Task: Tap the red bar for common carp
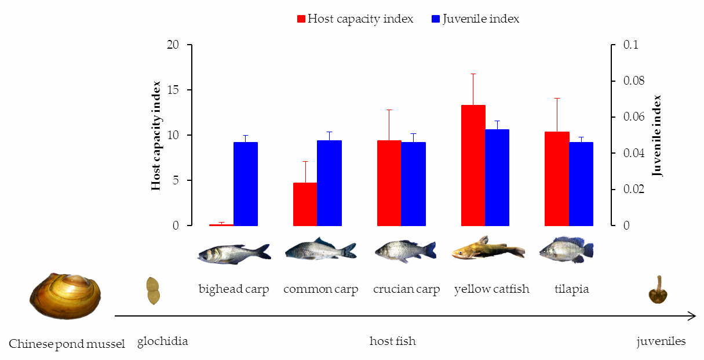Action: [x=305, y=204]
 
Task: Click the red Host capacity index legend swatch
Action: [x=301, y=19]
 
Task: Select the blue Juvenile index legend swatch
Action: [x=436, y=19]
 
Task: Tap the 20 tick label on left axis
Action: [x=173, y=45]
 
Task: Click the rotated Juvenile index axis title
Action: [x=656, y=136]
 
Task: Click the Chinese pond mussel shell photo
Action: [x=65, y=296]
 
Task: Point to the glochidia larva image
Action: [x=152, y=291]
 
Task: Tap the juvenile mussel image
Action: [x=658, y=290]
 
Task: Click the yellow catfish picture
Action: [x=488, y=249]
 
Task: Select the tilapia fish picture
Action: [x=566, y=250]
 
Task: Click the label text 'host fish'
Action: [x=392, y=341]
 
